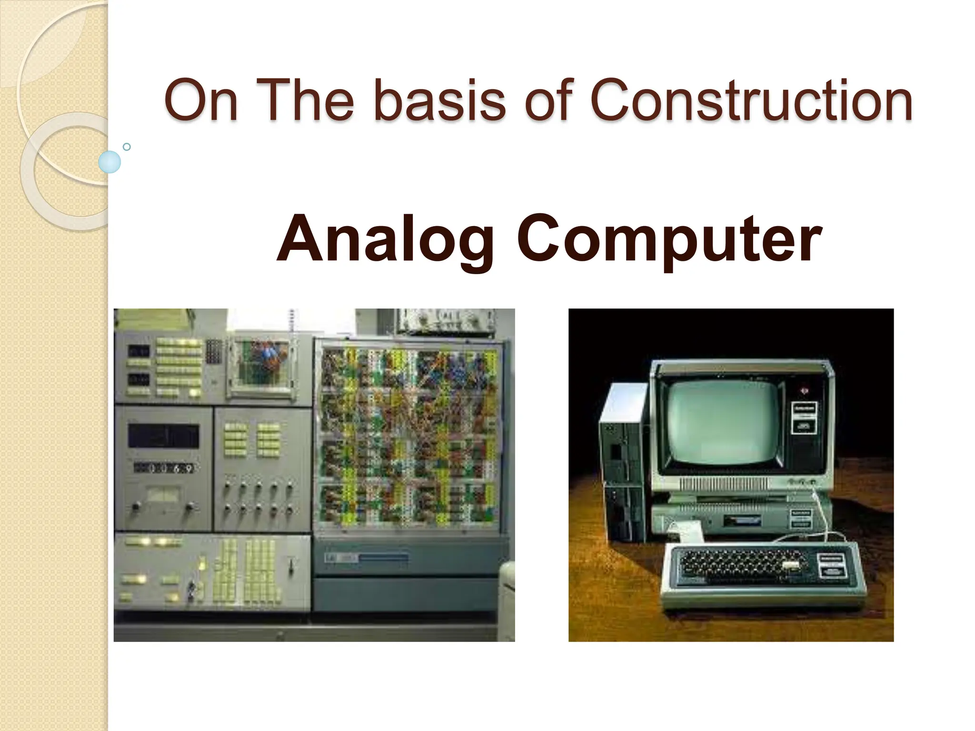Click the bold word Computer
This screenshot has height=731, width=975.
(669, 239)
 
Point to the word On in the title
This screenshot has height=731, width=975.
(200, 101)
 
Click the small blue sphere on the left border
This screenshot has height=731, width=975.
(109, 162)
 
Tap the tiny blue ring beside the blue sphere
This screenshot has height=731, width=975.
(127, 147)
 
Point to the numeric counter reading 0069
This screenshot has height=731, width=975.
(164, 469)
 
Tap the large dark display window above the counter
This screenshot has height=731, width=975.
(163, 435)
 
